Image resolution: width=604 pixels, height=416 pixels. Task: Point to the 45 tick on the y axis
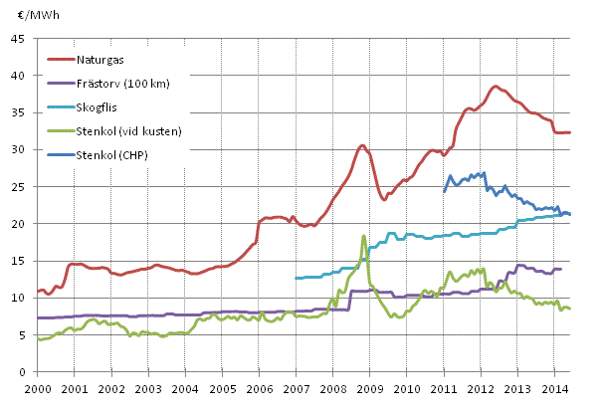19,39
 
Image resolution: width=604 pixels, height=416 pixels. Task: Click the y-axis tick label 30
19,150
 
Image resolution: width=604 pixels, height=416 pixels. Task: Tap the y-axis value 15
19,261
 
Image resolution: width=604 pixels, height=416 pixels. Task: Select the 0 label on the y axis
22,372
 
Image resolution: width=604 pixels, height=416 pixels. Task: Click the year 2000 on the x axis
37,387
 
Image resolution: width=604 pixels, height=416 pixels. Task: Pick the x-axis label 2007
296,387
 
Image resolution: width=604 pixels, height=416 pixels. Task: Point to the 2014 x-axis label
554,387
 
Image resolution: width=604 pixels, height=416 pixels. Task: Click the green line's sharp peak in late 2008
364,236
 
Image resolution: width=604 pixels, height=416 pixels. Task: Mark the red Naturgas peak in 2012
496,87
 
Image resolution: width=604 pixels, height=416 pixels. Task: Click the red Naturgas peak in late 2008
362,146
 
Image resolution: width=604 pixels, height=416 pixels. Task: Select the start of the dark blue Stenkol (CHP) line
444,191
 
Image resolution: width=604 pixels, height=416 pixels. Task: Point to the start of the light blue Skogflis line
296,278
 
